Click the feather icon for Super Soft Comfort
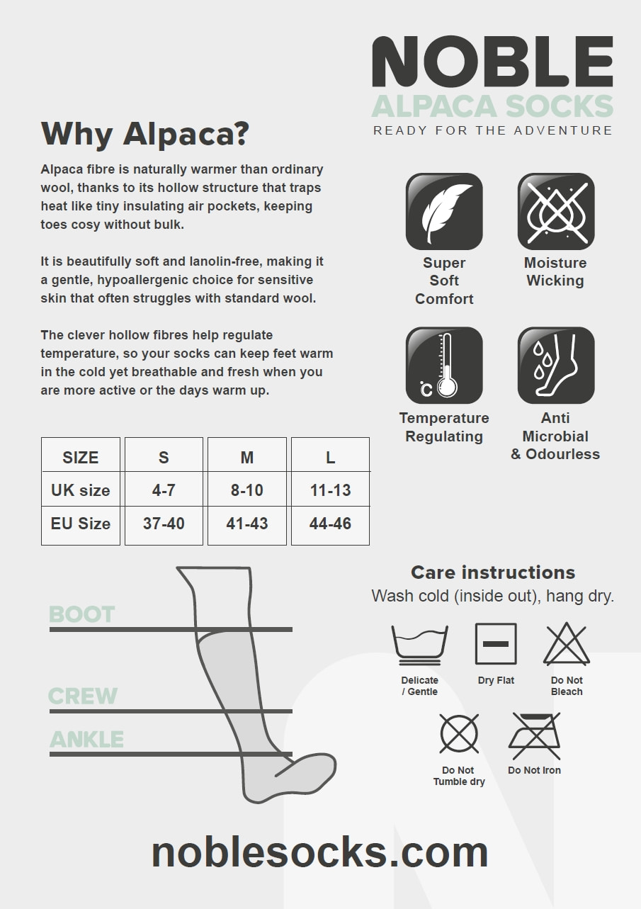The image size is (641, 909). coord(444,211)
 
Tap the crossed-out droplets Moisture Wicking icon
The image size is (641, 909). coord(556,211)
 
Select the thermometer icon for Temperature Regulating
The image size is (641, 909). coord(444,365)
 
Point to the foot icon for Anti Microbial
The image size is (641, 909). coord(556,365)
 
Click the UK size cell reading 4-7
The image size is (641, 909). coord(164,490)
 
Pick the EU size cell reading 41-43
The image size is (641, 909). coord(247,524)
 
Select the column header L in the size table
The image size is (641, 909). coord(330,458)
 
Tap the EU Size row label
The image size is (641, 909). coord(80,524)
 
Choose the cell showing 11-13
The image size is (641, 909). coord(330,490)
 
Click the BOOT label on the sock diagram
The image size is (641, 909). coord(82,614)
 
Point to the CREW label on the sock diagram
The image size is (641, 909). coord(83,696)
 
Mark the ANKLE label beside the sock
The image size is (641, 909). coord(86,739)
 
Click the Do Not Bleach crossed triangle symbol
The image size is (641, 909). coord(567,644)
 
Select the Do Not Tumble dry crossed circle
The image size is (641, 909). coord(459,733)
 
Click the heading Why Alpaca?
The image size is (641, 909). coord(144,134)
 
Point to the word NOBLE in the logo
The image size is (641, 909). coord(492,61)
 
